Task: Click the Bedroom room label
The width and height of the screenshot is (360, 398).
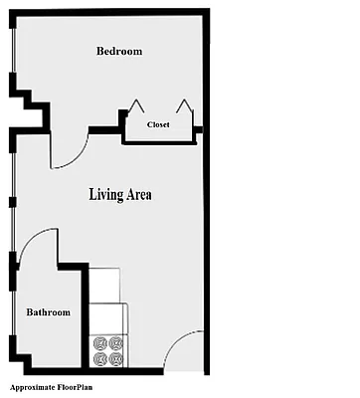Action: coord(119,52)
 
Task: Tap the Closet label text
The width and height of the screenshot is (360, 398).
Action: coord(158,124)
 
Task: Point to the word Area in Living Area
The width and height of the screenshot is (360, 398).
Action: coord(137,193)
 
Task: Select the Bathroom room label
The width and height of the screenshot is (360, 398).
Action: coord(48,312)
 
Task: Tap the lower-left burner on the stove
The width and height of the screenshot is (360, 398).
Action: coord(99,358)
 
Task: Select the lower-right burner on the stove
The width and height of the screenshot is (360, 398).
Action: coord(115,358)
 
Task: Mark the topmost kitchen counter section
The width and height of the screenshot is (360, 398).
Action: coord(106,280)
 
